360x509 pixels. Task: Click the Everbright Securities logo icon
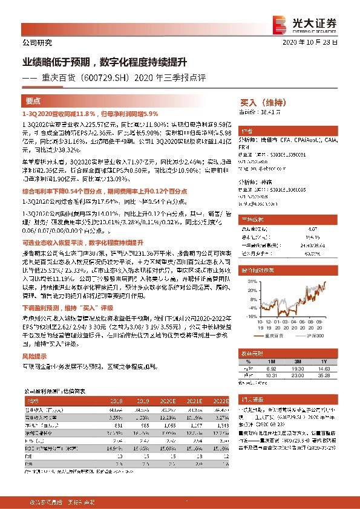(280, 23)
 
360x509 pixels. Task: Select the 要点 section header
(33, 102)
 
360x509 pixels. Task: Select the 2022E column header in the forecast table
(220, 400)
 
